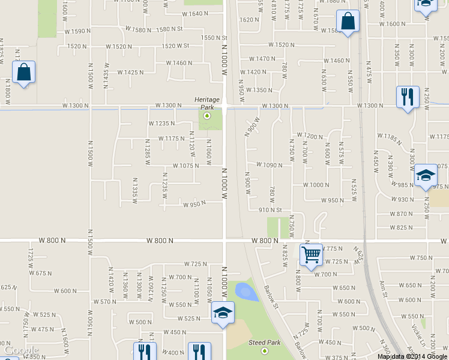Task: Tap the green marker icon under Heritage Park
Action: [207, 115]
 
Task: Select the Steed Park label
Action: [265, 343]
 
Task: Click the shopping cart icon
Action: [311, 254]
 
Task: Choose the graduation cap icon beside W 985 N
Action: [425, 175]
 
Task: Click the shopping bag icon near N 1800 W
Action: [23, 73]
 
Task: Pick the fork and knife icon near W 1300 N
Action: [408, 96]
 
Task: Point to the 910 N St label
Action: [270, 209]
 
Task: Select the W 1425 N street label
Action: [130, 73]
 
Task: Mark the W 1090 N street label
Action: [268, 164]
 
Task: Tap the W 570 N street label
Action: [105, 301]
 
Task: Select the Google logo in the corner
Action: [22, 350]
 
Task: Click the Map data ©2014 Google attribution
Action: [412, 356]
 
